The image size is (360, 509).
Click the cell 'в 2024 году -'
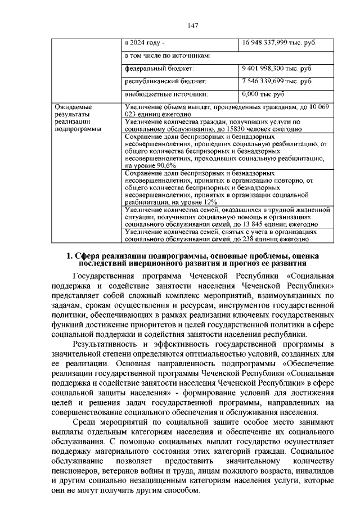pos(145,43)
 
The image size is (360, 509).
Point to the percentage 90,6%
pos(165,166)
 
